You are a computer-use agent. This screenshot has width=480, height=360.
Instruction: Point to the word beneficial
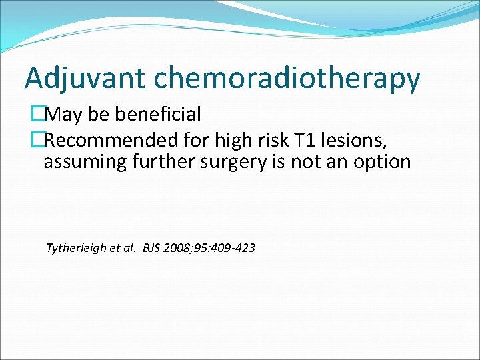[x=158, y=115]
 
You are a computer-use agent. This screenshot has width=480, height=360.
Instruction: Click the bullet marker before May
[x=38, y=115]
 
